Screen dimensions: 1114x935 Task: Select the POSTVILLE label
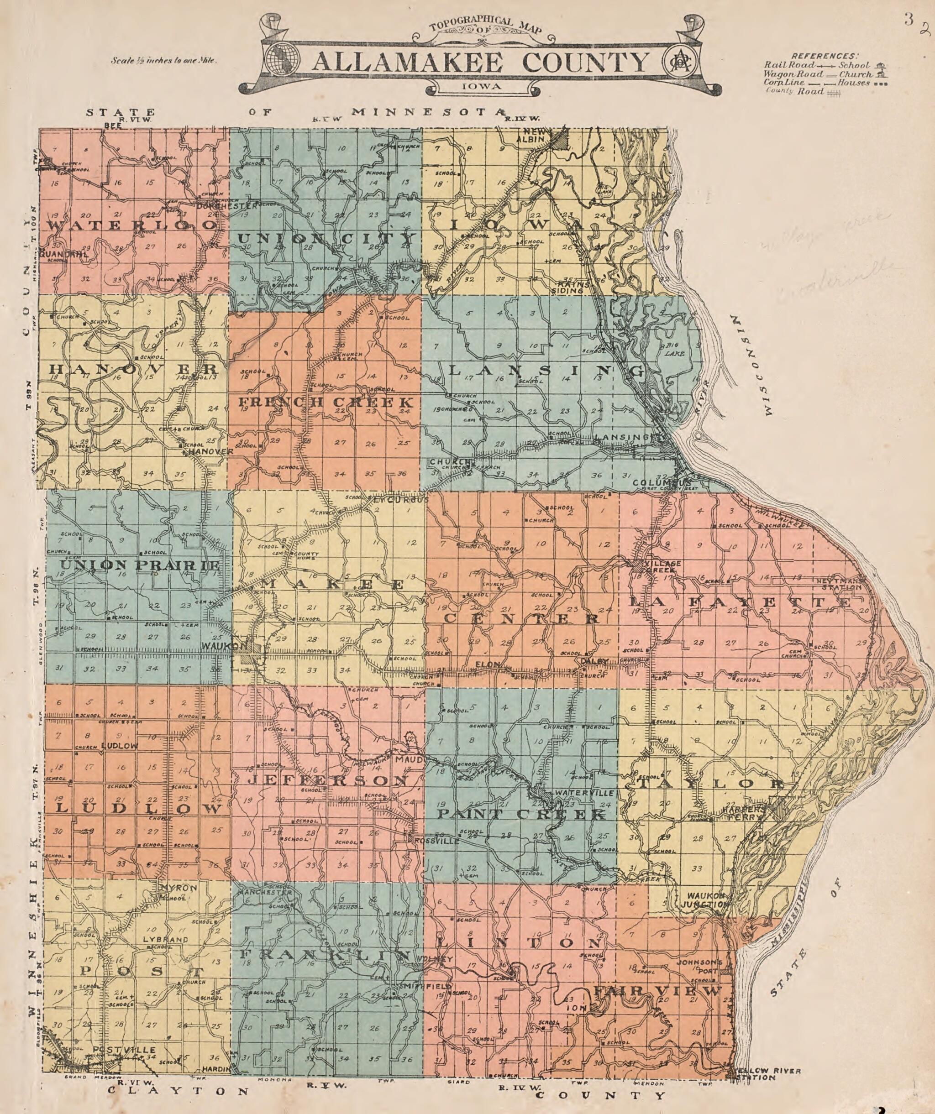point(124,1050)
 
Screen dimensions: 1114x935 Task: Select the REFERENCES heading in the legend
point(824,56)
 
